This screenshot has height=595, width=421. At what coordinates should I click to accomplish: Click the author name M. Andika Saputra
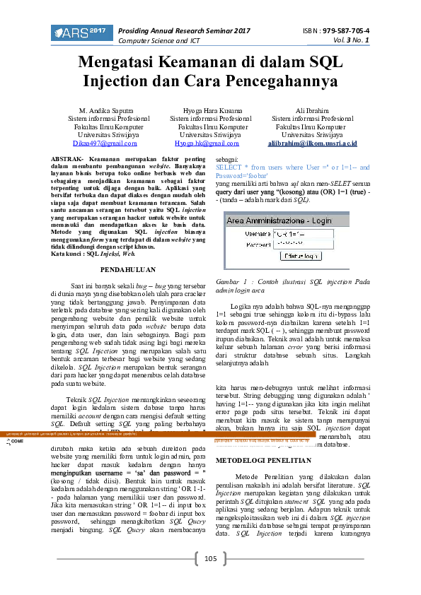(x=108, y=112)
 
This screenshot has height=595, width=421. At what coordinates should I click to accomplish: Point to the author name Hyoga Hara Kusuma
(x=209, y=112)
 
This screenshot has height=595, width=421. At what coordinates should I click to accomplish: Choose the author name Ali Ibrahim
(x=312, y=112)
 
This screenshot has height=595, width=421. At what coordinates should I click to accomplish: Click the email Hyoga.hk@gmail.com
(x=209, y=143)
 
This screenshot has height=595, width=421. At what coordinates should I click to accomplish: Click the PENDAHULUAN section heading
(x=129, y=270)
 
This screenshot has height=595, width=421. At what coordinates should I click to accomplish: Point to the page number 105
(x=210, y=559)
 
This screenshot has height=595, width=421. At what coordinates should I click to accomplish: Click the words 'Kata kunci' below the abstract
(x=69, y=252)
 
